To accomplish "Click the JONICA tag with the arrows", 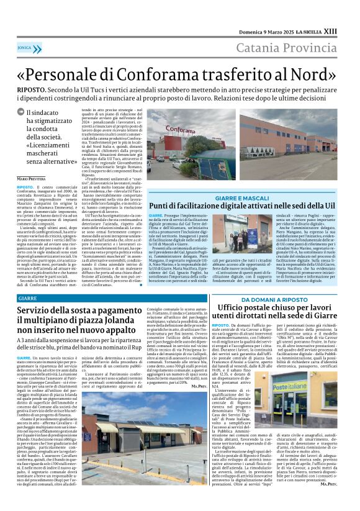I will (25, 47).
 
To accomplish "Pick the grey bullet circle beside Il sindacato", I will (38, 113).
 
